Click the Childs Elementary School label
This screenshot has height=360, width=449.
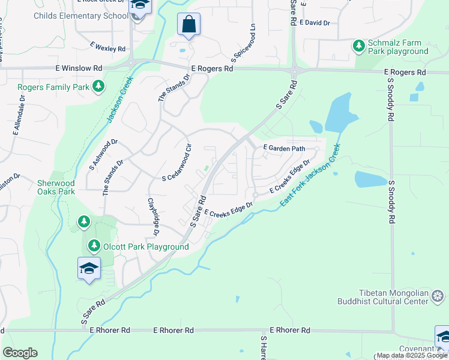pos(81,16)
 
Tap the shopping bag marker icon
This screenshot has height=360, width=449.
pos(188,25)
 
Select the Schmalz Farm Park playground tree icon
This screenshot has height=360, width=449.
pos(359,46)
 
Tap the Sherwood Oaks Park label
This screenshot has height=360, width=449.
pos(56,187)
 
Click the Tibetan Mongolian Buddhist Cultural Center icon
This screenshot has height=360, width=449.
pos(438,296)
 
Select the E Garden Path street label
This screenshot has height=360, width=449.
pos(284,148)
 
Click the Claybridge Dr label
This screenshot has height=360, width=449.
pos(152,215)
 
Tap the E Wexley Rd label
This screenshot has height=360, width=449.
pos(109,47)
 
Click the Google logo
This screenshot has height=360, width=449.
pos(20,353)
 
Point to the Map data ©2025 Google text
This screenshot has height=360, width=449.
pos(412,355)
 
